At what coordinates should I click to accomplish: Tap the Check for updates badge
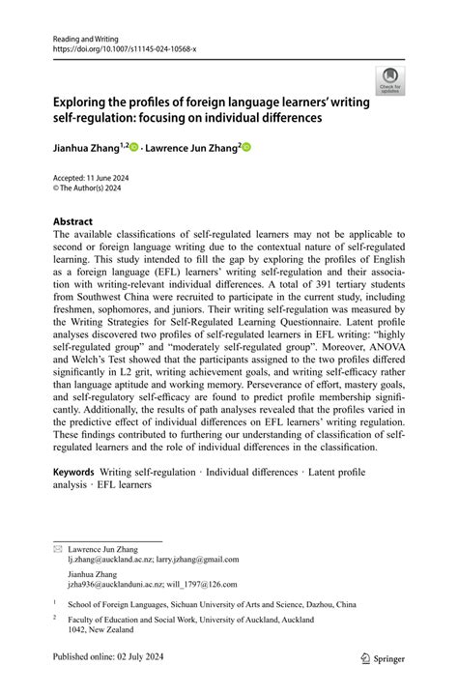[390, 80]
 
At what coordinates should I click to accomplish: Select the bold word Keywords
[73, 472]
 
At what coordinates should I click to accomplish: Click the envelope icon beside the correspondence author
[57, 548]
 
